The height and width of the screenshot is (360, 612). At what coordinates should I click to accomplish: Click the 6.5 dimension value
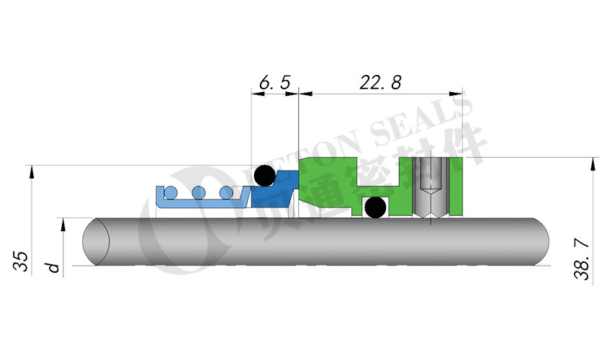pos(274,84)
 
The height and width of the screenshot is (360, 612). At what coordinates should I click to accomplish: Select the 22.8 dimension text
pos(380,83)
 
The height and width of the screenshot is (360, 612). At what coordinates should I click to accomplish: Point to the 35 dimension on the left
pos(21,261)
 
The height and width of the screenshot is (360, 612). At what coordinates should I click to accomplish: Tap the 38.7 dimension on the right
pos(584,260)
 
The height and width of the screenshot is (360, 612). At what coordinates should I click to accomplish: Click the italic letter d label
pos(52,268)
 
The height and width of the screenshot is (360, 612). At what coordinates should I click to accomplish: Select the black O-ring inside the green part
pos(374,208)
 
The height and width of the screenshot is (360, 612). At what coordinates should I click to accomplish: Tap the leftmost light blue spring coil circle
pos(171,192)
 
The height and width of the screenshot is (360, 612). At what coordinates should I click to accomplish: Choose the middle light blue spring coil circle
pos(199,192)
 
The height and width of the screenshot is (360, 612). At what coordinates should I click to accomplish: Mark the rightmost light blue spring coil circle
pos(226,192)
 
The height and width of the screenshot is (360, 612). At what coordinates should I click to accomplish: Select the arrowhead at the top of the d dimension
pos(64,224)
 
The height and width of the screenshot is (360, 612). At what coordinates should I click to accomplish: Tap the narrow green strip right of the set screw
pos(455,186)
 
